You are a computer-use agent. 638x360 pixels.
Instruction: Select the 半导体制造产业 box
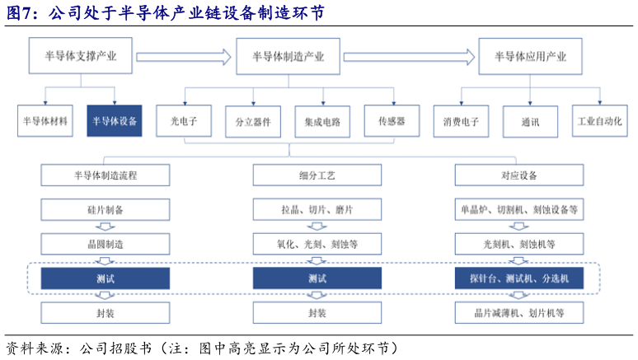(288, 57)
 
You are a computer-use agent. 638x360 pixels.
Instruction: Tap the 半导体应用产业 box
(529, 57)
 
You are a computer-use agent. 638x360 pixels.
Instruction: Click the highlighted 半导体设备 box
(115, 120)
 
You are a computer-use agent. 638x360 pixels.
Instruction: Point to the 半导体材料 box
(45, 120)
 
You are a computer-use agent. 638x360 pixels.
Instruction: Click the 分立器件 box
(253, 120)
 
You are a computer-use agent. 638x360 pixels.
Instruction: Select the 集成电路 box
(321, 120)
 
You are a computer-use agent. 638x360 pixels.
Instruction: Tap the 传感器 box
(392, 120)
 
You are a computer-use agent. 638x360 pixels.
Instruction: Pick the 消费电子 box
(461, 120)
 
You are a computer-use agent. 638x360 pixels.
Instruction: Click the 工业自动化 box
(599, 120)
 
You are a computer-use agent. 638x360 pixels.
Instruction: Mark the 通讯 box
(530, 120)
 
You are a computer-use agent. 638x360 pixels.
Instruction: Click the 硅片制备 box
(105, 209)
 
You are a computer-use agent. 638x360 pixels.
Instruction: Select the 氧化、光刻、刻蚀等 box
(317, 244)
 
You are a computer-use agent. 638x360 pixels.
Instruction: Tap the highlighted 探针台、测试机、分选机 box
(519, 278)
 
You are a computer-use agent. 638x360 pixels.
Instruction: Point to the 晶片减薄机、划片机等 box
(519, 313)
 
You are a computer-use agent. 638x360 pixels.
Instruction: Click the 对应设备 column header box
(519, 175)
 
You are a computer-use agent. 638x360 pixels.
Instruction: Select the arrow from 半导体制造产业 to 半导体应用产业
(409, 57)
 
